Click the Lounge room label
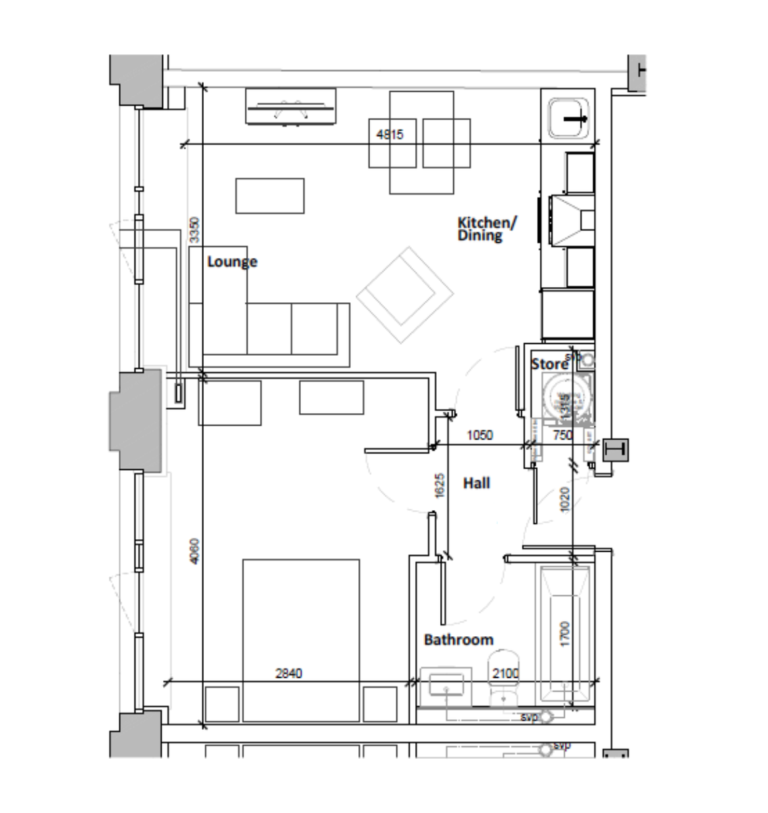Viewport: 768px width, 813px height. tap(232, 262)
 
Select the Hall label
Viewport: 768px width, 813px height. tap(476, 483)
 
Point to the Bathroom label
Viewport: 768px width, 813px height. tap(458, 640)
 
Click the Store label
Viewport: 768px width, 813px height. tap(549, 364)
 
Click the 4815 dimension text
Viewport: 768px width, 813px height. tap(389, 135)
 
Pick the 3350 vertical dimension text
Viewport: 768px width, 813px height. tap(195, 230)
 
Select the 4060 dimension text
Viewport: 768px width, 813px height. tap(195, 551)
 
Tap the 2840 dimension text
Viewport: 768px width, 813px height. tap(289, 673)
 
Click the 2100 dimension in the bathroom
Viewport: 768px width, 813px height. tap(505, 673)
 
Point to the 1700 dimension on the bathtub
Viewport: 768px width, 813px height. tap(566, 633)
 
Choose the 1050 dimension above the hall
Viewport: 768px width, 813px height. tap(480, 436)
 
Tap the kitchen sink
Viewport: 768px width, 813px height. tap(570, 119)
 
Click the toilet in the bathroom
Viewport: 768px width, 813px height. tap(504, 671)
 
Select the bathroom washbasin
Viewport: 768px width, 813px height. tap(446, 686)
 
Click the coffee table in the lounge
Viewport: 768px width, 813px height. tap(270, 195)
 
